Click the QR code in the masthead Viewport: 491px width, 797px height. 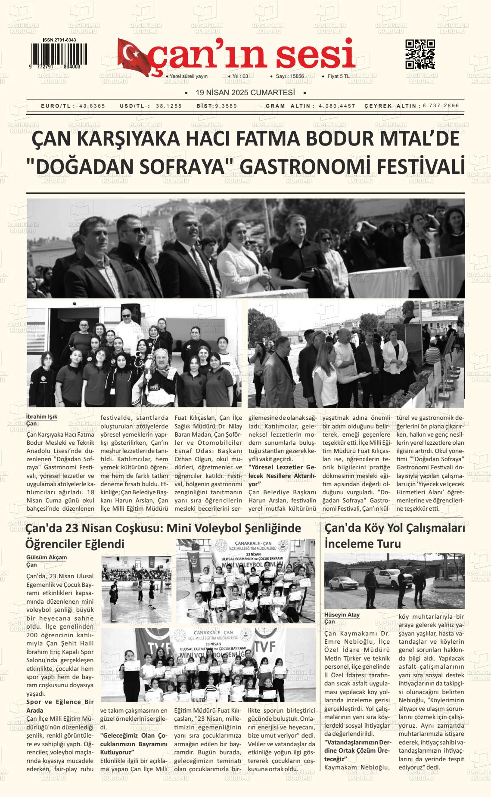point(420,54)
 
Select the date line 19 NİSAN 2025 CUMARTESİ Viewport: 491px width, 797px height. point(245,93)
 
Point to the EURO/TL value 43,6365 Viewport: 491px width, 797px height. point(92,106)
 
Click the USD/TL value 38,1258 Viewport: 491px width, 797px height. point(169,106)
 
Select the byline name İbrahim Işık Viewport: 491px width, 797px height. point(42,417)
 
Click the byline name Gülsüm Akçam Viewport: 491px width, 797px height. point(47,557)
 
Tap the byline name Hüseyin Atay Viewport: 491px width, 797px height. point(342,615)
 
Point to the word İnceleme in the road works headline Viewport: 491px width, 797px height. point(350,544)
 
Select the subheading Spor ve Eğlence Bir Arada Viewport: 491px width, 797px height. point(60,706)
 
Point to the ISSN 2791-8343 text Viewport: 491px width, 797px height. point(59,40)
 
